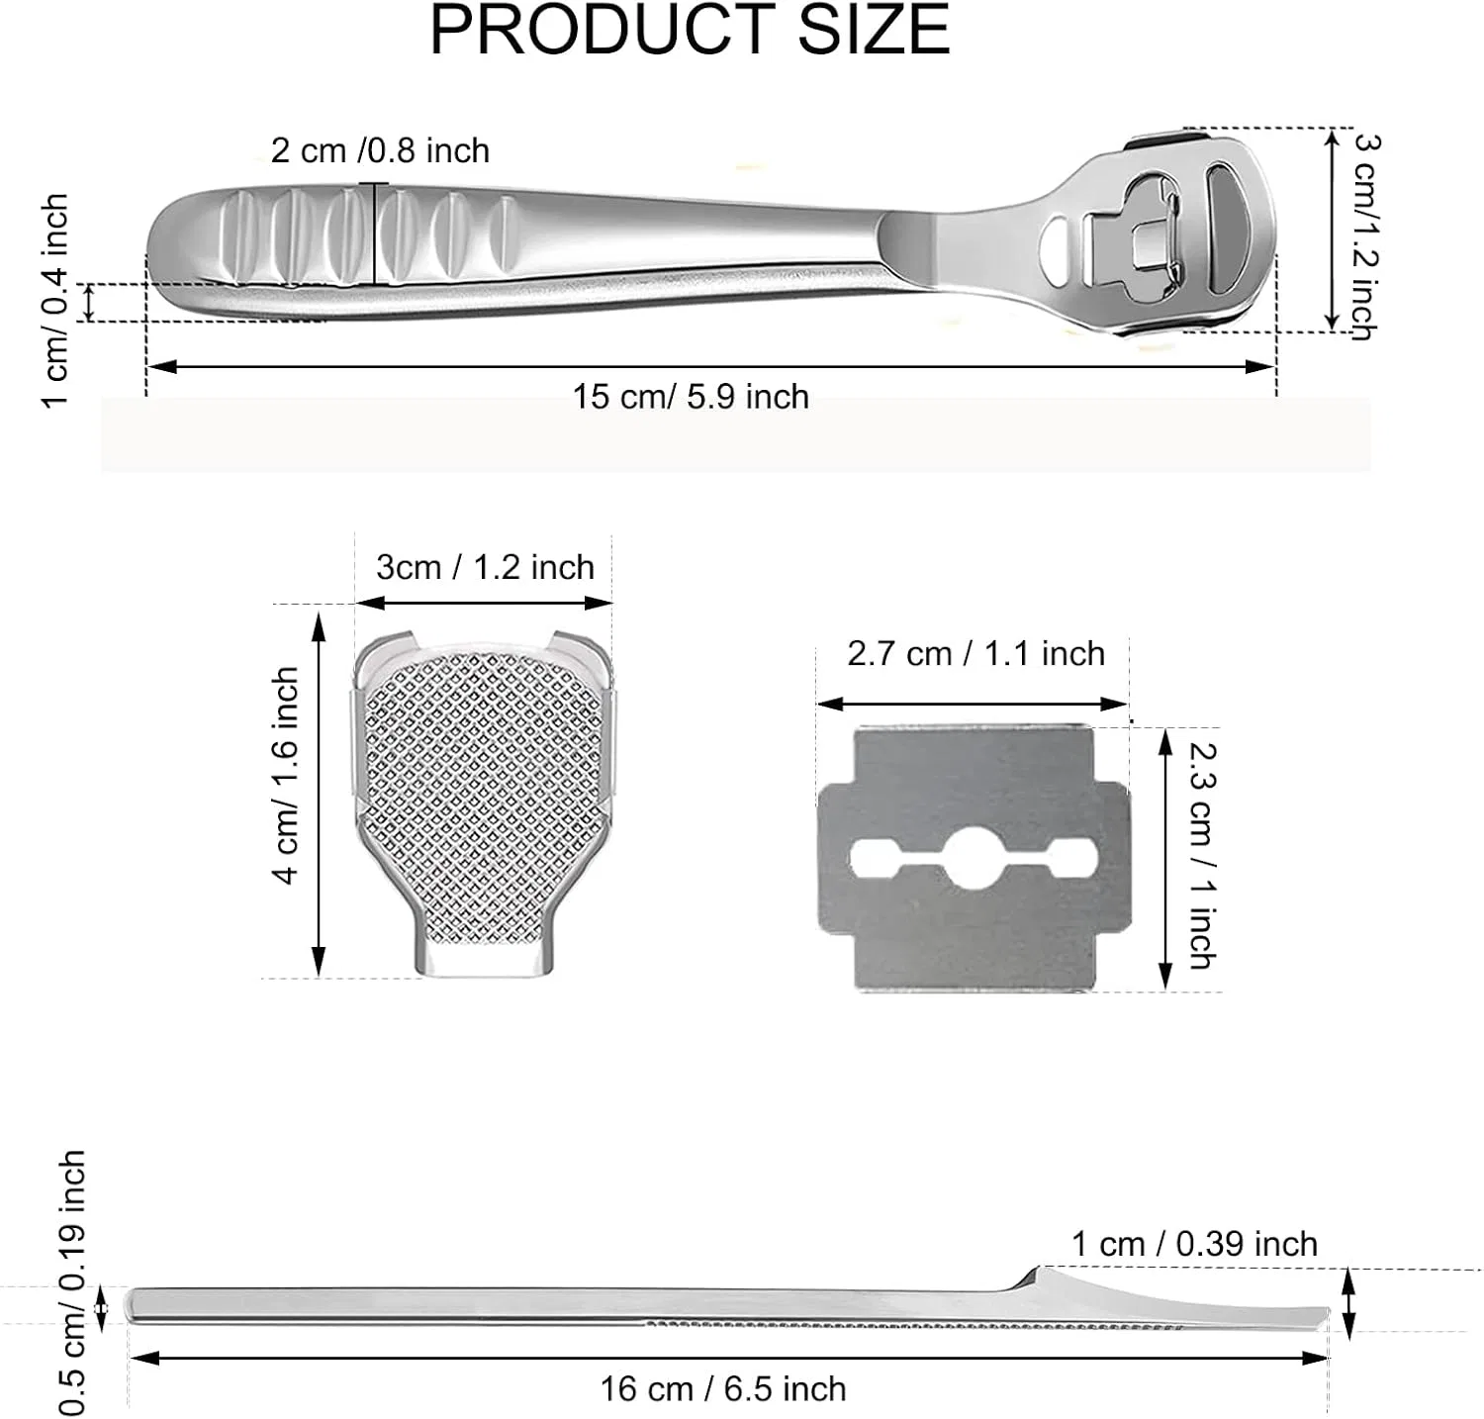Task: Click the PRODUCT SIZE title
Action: (690, 30)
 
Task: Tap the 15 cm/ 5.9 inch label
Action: (691, 397)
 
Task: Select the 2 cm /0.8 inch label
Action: (380, 150)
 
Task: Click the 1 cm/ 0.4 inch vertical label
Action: (55, 300)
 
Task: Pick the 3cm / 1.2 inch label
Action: (485, 567)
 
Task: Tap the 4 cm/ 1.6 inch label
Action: (285, 775)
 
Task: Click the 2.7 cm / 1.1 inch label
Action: (975, 653)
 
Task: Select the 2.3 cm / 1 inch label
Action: (1201, 855)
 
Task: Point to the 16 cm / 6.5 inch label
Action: (723, 1388)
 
